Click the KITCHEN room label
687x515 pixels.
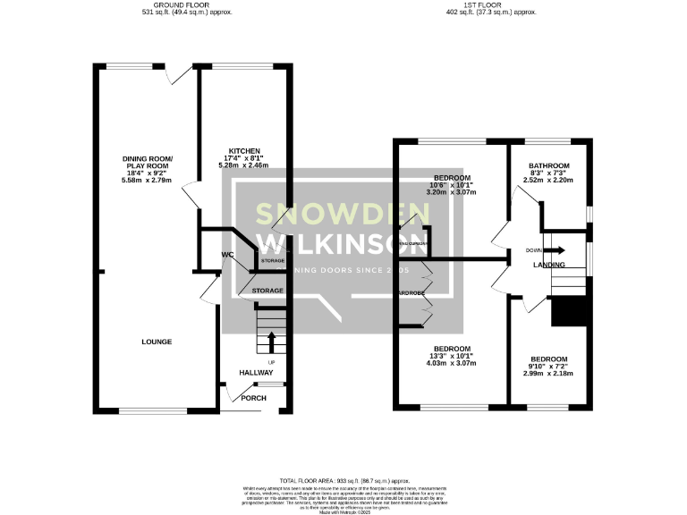(x=244, y=150)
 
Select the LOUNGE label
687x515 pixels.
(x=156, y=342)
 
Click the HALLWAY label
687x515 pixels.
(x=256, y=373)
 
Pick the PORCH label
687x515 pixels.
(x=253, y=398)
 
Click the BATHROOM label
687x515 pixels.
(x=548, y=165)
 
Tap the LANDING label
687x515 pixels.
(x=548, y=266)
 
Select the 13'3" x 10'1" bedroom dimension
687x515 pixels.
(x=452, y=356)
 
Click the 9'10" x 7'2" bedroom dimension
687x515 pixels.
(x=548, y=366)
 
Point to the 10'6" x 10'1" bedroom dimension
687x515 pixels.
(x=452, y=184)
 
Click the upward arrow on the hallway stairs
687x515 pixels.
(x=271, y=341)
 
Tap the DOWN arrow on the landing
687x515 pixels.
(x=556, y=251)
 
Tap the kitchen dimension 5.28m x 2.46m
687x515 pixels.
(x=244, y=165)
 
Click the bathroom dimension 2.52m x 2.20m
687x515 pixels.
(x=548, y=180)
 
